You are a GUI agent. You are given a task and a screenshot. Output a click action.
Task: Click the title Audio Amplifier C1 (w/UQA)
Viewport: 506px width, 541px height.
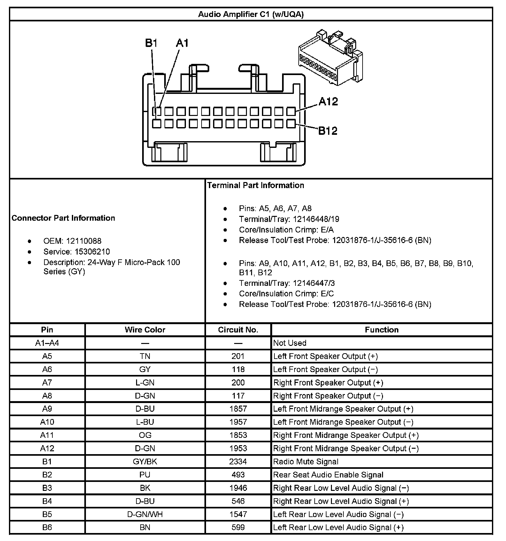(251, 14)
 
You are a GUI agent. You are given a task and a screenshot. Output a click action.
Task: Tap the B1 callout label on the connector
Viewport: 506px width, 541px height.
(151, 43)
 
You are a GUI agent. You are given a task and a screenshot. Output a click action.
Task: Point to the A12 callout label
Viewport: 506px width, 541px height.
(328, 102)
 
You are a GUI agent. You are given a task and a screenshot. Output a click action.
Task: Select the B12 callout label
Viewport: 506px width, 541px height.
(328, 131)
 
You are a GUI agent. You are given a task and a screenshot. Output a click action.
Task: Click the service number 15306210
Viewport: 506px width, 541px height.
(92, 252)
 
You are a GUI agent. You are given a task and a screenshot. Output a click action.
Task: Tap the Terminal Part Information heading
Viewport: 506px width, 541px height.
(256, 185)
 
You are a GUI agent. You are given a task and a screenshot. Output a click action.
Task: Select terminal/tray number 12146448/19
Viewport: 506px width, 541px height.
(316, 219)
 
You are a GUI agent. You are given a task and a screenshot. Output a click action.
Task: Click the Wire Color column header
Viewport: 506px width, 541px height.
(145, 330)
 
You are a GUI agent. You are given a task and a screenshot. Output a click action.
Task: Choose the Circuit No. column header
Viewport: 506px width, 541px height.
(238, 330)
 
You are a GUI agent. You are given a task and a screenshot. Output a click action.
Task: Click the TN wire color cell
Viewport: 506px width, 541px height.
(145, 356)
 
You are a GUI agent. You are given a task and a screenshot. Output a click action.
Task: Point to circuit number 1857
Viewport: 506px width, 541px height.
(238, 409)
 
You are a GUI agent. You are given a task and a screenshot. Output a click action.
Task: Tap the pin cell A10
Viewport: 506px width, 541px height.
(47, 422)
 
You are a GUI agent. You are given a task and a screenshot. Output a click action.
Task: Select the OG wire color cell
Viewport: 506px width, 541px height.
(145, 435)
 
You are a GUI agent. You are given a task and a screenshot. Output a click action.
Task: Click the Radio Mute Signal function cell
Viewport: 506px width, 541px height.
(306, 461)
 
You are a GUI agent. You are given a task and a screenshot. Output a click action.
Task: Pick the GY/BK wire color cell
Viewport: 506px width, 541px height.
(145, 461)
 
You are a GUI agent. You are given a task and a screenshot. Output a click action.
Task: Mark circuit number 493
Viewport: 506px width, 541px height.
(238, 475)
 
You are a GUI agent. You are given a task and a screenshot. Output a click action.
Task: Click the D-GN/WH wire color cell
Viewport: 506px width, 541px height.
(145, 514)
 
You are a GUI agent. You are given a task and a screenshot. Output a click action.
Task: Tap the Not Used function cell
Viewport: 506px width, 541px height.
(290, 343)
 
